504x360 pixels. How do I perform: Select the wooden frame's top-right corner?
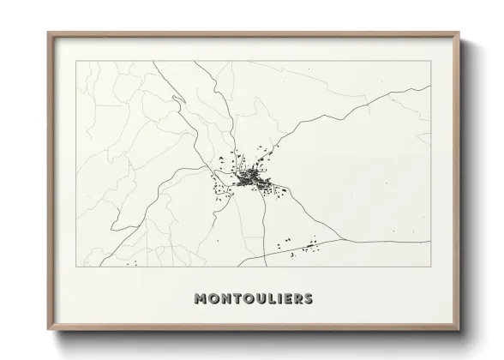(x=459, y=33)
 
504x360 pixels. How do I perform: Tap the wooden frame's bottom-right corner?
(x=459, y=330)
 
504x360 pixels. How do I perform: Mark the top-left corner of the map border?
(x=76, y=61)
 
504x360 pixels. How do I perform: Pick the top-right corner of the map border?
(x=431, y=61)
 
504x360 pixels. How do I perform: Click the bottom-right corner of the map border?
(x=431, y=267)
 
